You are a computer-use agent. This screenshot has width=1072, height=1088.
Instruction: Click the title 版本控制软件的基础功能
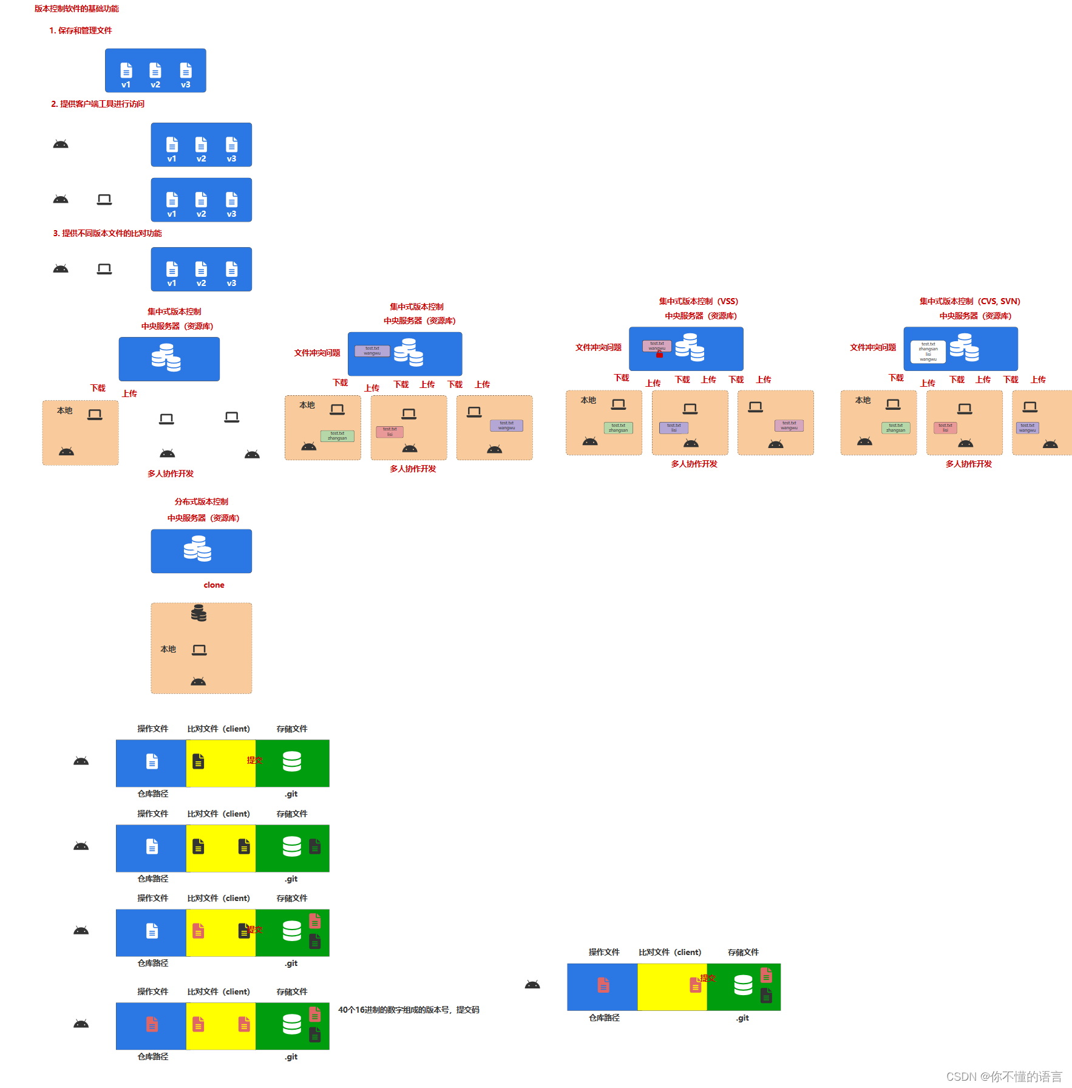pyautogui.click(x=76, y=9)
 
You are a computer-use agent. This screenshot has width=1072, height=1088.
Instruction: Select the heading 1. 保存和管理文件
pyautogui.click(x=81, y=31)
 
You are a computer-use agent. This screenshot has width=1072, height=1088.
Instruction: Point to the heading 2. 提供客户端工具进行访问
pyautogui.click(x=98, y=104)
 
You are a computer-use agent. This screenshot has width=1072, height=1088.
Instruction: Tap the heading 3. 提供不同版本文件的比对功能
pyautogui.click(x=107, y=234)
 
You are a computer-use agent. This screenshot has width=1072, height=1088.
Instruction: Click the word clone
pyautogui.click(x=214, y=585)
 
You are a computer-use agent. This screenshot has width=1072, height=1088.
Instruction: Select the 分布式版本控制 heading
pyautogui.click(x=202, y=502)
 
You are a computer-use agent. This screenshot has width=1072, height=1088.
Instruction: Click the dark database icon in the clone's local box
pyautogui.click(x=198, y=613)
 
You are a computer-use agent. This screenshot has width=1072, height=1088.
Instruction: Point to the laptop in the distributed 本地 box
pyautogui.click(x=199, y=650)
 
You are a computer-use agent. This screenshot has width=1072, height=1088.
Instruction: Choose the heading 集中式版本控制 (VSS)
pyautogui.click(x=699, y=302)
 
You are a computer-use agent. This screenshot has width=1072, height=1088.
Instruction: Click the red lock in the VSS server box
pyautogui.click(x=659, y=355)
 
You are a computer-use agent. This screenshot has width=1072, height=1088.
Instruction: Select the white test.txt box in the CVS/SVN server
pyautogui.click(x=928, y=352)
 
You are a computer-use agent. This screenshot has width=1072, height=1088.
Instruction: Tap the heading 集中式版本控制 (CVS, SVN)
pyautogui.click(x=969, y=302)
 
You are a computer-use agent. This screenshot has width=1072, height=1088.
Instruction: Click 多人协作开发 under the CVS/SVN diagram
pyautogui.click(x=968, y=464)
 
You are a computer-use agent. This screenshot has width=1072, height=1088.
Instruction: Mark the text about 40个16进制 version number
pyautogui.click(x=409, y=1010)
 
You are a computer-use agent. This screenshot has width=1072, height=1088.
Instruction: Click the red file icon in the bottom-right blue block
pyautogui.click(x=603, y=985)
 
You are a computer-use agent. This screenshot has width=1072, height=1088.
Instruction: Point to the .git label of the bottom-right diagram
pyautogui.click(x=742, y=1018)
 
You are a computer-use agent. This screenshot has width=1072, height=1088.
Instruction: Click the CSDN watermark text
pyautogui.click(x=1004, y=1076)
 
